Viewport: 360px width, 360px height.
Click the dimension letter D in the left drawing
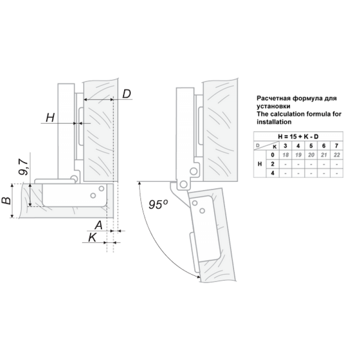pos(126,94)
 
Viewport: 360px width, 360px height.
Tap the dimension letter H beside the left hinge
pos(50,118)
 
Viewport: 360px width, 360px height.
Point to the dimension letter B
pos(6,201)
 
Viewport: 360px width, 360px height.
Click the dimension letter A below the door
pos(99,225)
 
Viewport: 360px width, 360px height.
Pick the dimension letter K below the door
pos(93,238)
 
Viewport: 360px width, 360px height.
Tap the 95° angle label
pos(158,204)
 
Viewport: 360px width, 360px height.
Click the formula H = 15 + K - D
pos(298,137)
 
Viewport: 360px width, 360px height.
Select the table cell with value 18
pos(285,155)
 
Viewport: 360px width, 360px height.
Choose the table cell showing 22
pos(337,155)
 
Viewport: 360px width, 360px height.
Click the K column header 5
pos(311,146)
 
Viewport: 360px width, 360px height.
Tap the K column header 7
pos(337,146)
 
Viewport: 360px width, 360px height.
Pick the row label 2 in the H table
pos(273,164)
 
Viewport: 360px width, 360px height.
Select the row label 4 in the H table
pos(273,173)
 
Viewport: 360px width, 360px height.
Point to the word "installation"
pos(274,121)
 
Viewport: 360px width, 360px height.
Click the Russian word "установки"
pos(273,106)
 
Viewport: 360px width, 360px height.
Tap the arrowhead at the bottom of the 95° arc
pos(198,277)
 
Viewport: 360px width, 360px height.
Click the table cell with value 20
pos(311,155)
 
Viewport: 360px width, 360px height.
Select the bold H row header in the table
pos(260,164)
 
